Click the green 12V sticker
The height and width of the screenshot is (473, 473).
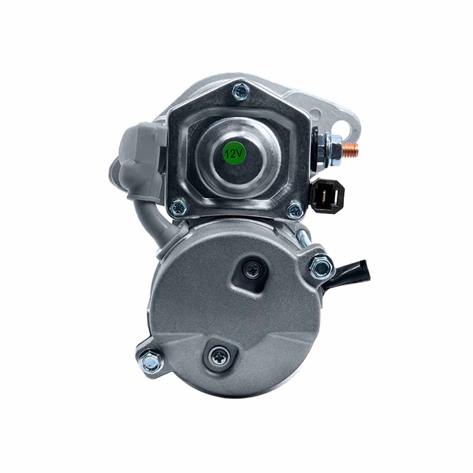click(234, 153)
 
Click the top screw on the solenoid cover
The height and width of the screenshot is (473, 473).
click(242, 91)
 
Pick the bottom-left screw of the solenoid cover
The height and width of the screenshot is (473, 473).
click(179, 208)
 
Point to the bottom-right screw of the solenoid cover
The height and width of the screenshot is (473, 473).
click(296, 210)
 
